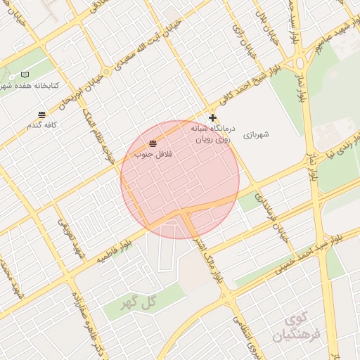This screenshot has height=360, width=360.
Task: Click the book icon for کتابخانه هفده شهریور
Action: pyautogui.click(x=26, y=75)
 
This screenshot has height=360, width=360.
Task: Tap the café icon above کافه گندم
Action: pyautogui.click(x=42, y=114)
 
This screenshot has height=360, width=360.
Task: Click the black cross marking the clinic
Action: pyautogui.click(x=213, y=118)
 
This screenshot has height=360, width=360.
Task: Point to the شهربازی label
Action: pyautogui.click(x=257, y=133)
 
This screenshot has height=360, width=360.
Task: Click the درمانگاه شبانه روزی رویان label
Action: pyautogui.click(x=211, y=135)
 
